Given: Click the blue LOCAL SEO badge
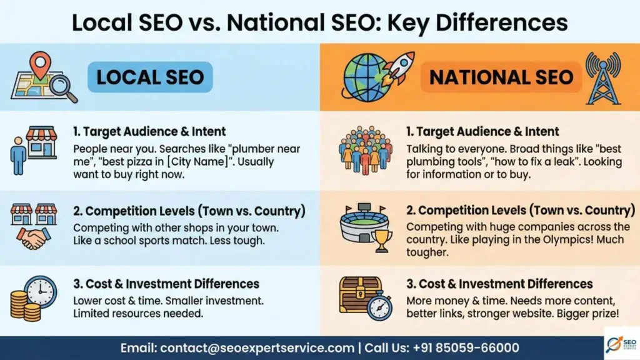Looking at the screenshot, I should pos(150,77).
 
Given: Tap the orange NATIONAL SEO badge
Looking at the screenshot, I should pos(502,77).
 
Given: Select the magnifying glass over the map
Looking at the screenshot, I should pos(62,88).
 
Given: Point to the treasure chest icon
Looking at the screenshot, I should pos(359,294).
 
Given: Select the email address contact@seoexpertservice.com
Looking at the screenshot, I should pos(257,347).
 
